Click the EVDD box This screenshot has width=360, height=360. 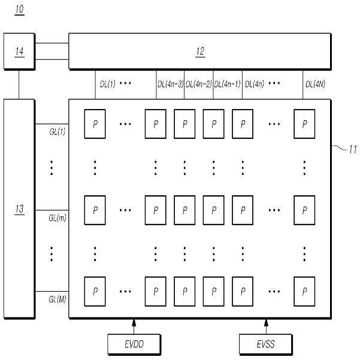pyautogui.click(x=134, y=344)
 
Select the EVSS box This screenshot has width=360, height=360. pyautogui.click(x=265, y=344)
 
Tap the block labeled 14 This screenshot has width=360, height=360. pyautogui.click(x=19, y=52)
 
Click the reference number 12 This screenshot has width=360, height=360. pyautogui.click(x=200, y=52)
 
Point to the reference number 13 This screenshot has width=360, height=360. pyautogui.click(x=20, y=209)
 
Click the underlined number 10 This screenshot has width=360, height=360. pyautogui.click(x=20, y=10)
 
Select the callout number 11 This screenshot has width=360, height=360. pyautogui.click(x=353, y=150)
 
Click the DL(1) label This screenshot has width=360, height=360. pyautogui.click(x=107, y=84)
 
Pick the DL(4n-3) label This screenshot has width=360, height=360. pyautogui.click(x=170, y=84)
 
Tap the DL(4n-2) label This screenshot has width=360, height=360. pyautogui.click(x=199, y=84)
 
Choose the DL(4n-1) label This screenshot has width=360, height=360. pyautogui.click(x=227, y=84)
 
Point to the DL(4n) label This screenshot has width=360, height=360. pyautogui.click(x=255, y=84)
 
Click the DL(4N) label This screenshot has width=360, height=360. pyautogui.click(x=315, y=84)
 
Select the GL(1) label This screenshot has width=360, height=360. pyautogui.click(x=58, y=132)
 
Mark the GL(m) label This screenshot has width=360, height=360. pyautogui.click(x=58, y=217)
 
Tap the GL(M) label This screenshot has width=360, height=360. pyautogui.click(x=58, y=299)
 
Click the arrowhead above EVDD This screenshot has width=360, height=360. pyautogui.click(x=134, y=323)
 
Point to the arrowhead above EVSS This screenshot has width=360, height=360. pyautogui.click(x=266, y=323)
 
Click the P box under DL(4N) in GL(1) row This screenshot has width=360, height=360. pyautogui.click(x=304, y=124)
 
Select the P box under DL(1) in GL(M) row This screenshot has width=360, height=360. pyautogui.click(x=95, y=292)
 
